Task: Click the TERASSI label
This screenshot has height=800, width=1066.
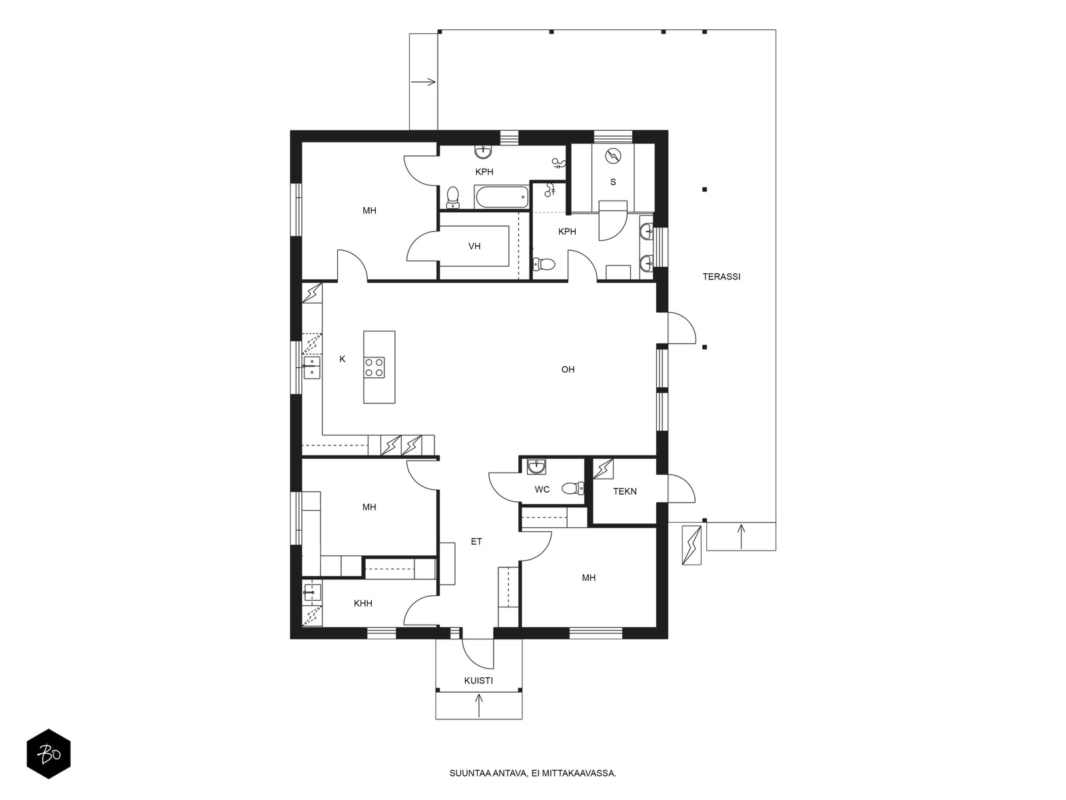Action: pos(721,277)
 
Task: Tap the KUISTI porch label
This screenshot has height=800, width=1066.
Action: pos(478,681)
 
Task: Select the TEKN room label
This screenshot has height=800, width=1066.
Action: pos(624,491)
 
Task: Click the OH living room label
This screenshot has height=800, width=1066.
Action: pos(568,369)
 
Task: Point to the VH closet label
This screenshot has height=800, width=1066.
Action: pos(474,246)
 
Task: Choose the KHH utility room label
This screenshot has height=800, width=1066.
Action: pos(363,603)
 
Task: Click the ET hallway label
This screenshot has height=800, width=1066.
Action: pos(476,541)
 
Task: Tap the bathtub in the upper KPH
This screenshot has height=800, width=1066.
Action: pos(502,197)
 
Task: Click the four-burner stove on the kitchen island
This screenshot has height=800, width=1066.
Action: pos(374,367)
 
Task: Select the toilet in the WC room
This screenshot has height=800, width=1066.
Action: pos(573,488)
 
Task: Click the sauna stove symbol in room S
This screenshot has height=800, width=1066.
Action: pos(613,156)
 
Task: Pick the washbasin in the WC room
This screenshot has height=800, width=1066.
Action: pos(536,466)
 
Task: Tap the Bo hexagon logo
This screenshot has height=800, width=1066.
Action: pos(49,754)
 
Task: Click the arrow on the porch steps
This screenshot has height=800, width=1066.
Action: pos(479,705)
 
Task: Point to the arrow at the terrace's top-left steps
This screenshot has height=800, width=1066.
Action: pos(424,81)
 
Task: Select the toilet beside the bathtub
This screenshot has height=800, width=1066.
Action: pos(452,197)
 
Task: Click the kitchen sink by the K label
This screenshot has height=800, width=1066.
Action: pos(311,367)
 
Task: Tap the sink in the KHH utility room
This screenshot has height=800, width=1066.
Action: pos(312,592)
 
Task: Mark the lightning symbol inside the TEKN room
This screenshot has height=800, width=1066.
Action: pos(604,469)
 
